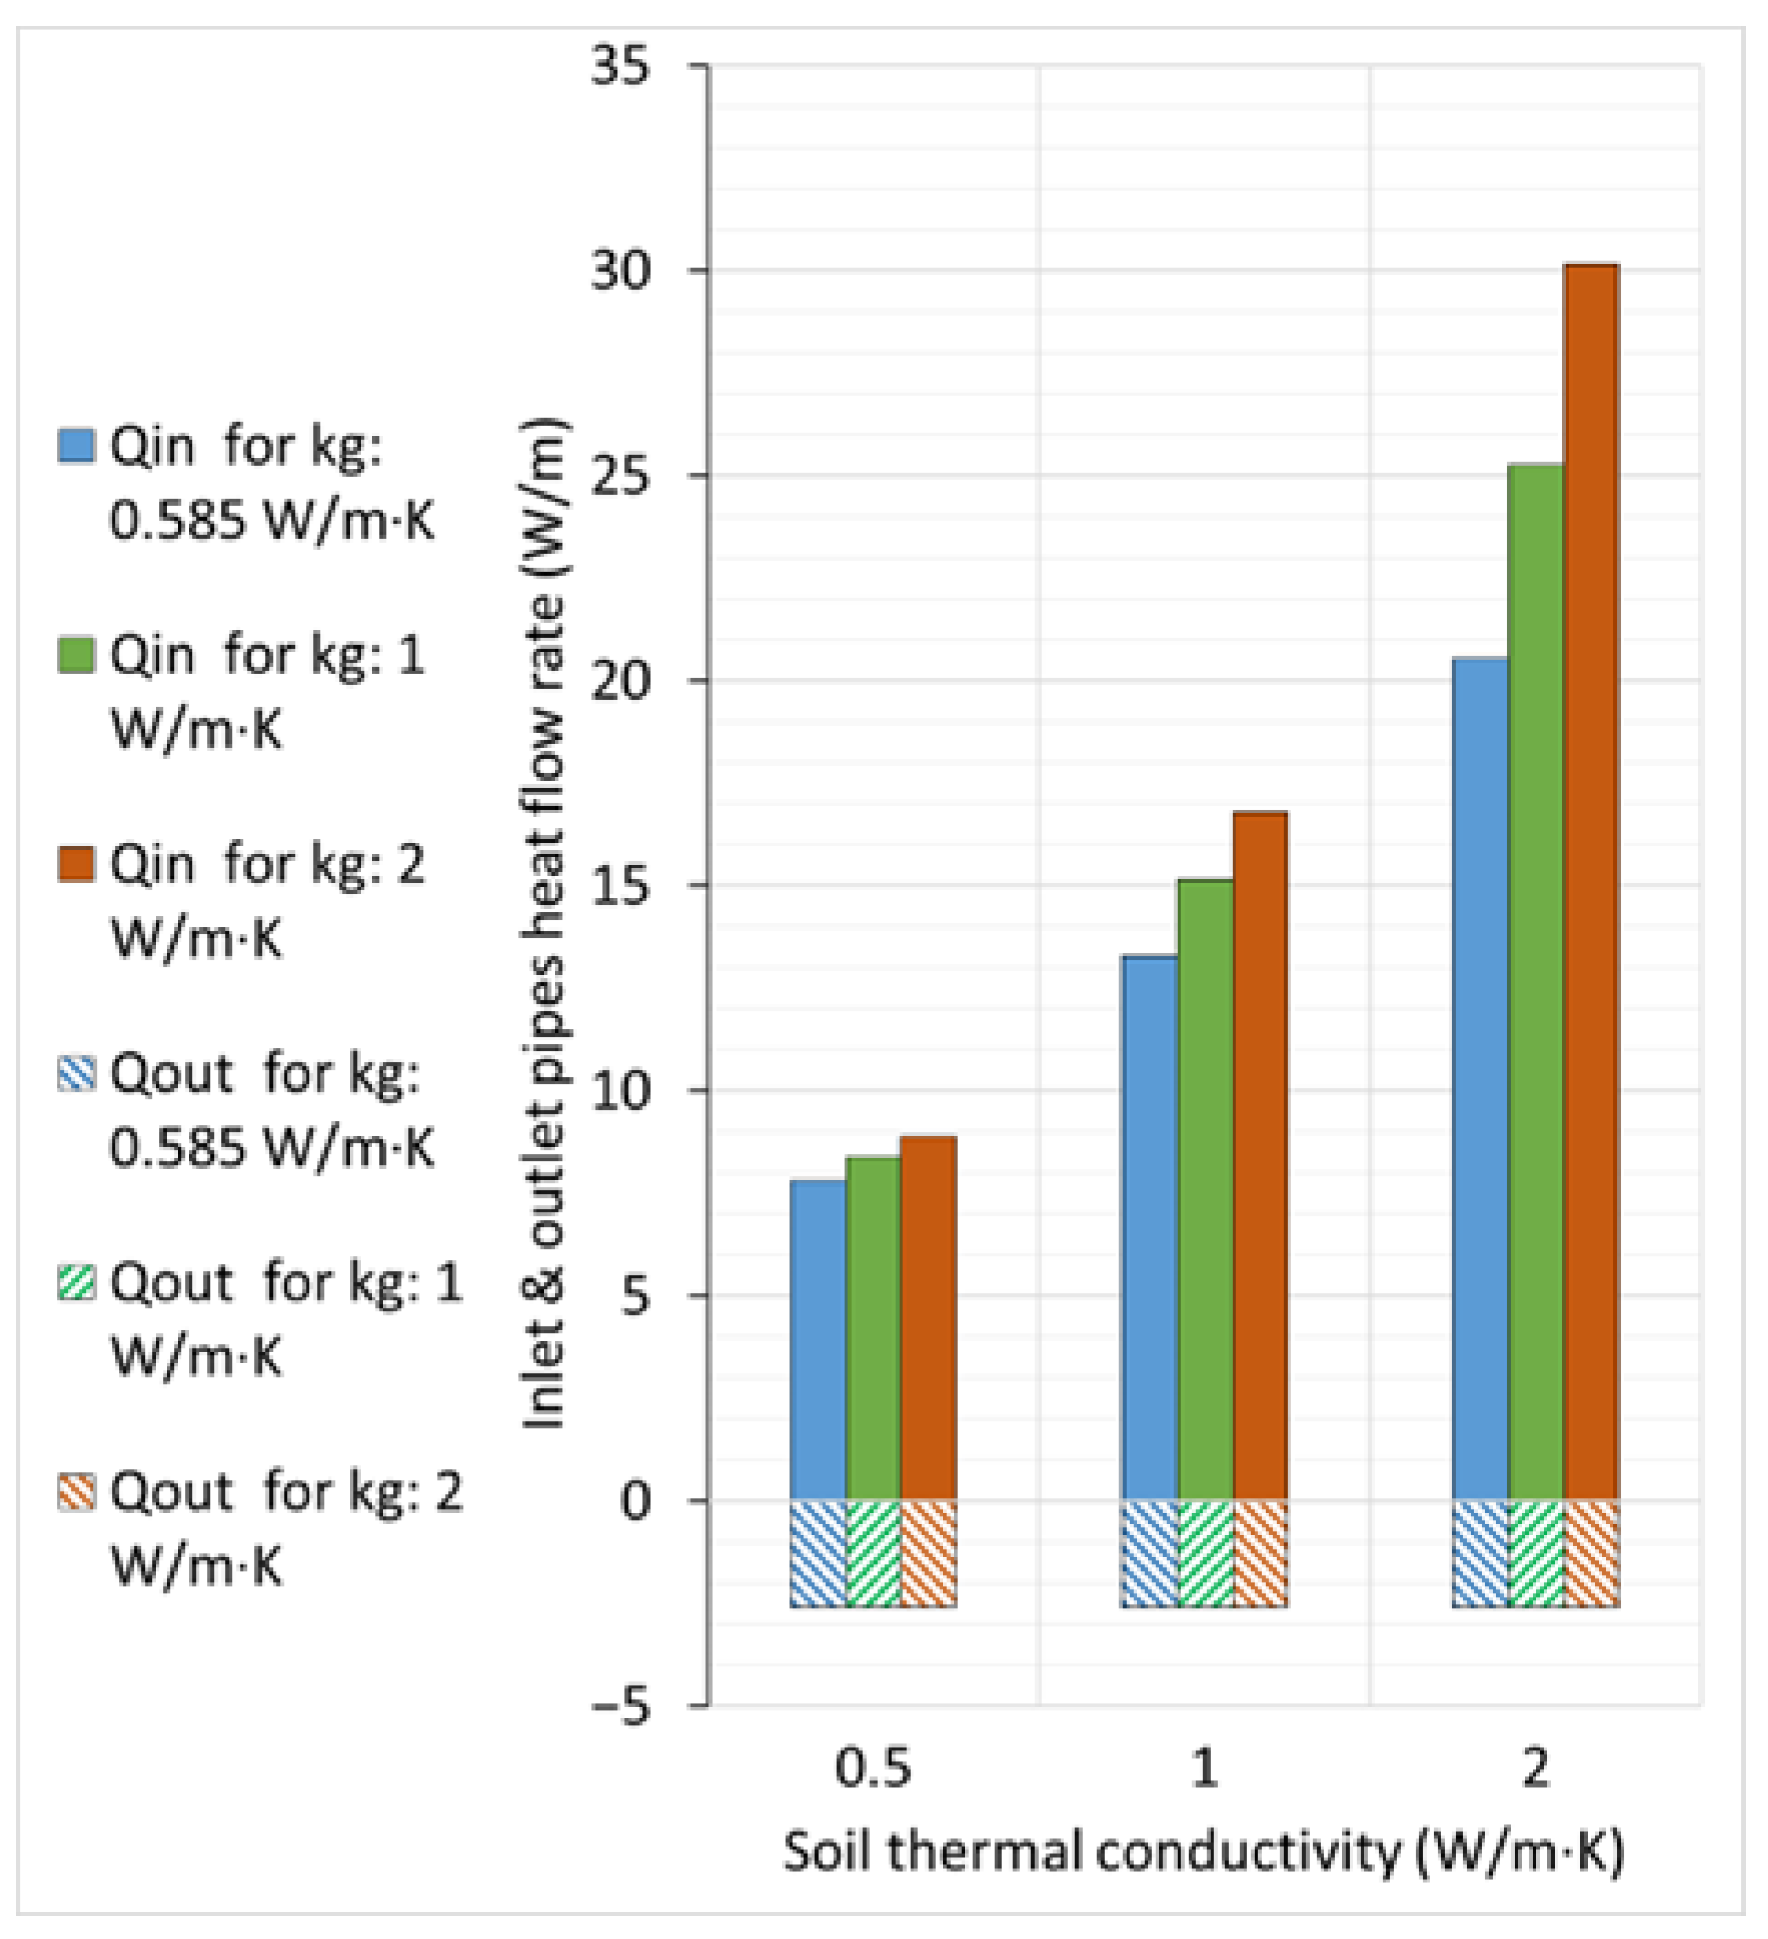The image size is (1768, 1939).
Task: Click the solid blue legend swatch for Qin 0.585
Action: [x=76, y=447]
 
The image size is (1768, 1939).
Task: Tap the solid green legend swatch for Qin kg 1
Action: [x=76, y=656]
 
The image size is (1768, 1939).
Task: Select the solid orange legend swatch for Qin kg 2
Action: [x=76, y=865]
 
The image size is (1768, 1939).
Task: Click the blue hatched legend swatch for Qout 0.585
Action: [x=76, y=1073]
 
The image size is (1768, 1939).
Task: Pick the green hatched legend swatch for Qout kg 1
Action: [x=76, y=1283]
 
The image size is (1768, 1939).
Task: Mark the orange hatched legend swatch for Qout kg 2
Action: [x=76, y=1492]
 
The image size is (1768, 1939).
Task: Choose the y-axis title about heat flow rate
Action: [x=544, y=923]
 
